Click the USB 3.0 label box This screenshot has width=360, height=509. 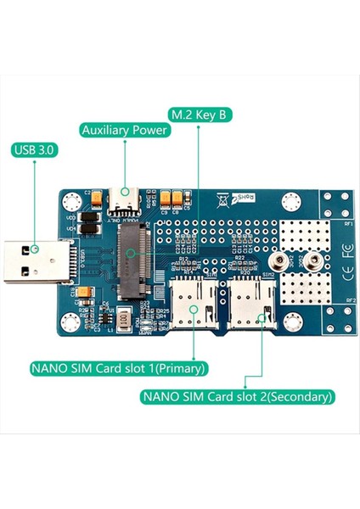(35, 151)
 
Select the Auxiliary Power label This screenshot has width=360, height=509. (124, 130)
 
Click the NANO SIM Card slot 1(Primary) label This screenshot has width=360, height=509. (118, 369)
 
